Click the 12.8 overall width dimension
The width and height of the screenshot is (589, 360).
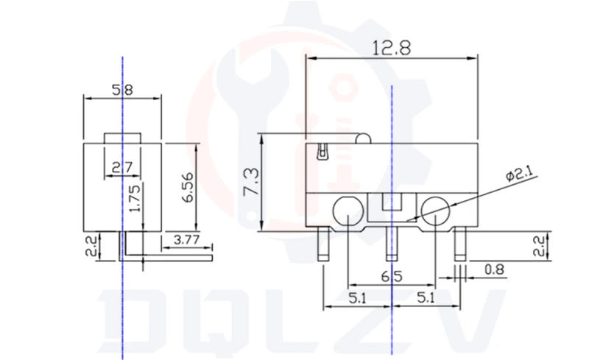coord(391,49)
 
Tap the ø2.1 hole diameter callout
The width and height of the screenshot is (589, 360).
coord(523,176)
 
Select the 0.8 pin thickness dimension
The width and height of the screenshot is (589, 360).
coord(494,270)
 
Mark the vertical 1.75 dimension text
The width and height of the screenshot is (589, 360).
coord(133,200)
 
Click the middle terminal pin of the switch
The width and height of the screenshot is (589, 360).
coord(391,243)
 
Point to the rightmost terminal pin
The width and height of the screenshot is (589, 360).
coord(460,243)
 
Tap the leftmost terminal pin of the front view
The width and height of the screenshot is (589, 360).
coord(322,243)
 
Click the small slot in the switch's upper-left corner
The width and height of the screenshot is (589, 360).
coord(322,153)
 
